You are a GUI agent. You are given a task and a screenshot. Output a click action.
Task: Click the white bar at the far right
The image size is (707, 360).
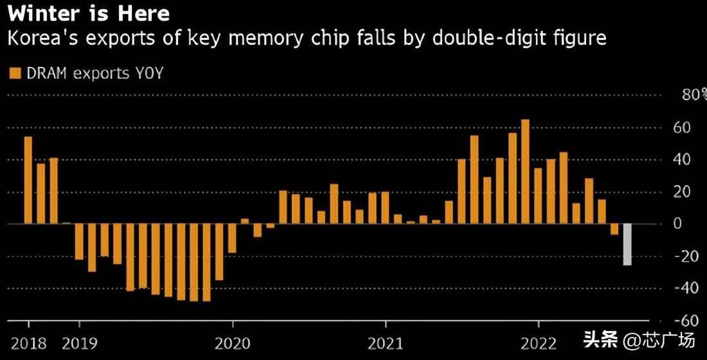(x=627, y=244)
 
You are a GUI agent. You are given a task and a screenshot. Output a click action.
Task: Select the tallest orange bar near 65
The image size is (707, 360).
(x=525, y=172)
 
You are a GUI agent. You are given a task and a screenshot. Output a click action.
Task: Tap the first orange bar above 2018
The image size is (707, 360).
(x=28, y=180)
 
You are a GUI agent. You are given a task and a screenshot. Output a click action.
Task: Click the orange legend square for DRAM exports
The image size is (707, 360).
(x=15, y=73)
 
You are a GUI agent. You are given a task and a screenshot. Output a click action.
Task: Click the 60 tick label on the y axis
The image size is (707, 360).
(x=682, y=127)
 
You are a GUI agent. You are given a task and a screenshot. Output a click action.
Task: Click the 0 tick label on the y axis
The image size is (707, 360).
(x=677, y=224)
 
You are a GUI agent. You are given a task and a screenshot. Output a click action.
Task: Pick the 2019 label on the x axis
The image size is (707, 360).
(x=80, y=342)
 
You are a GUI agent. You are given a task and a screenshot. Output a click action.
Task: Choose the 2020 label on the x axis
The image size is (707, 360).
(x=233, y=342)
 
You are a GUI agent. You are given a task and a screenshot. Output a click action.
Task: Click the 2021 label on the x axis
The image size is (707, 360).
(x=386, y=342)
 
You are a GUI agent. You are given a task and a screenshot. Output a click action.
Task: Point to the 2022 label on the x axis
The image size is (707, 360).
(x=539, y=342)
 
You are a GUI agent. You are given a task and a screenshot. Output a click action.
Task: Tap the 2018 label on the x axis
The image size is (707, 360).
(x=29, y=342)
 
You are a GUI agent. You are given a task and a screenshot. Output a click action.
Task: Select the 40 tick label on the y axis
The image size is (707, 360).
(x=682, y=159)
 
